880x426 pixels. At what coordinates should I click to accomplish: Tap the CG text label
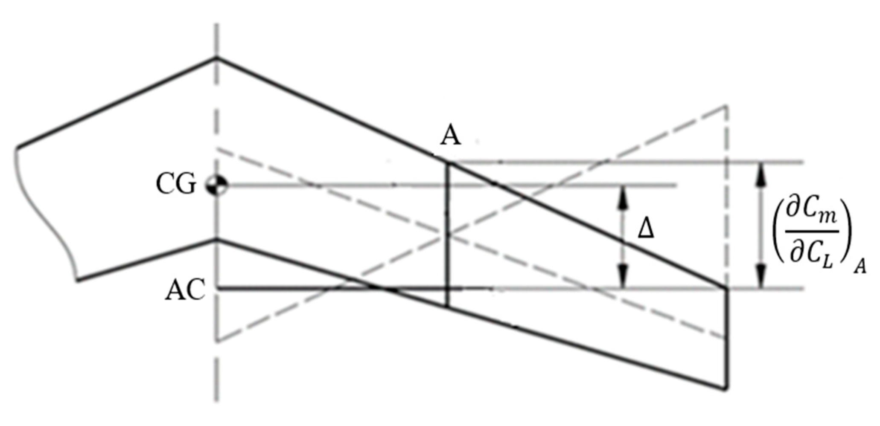(175, 185)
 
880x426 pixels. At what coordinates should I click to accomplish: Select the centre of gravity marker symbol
(217, 186)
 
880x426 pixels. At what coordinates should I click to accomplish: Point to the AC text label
(184, 290)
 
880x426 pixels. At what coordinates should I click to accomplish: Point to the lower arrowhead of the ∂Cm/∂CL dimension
(760, 277)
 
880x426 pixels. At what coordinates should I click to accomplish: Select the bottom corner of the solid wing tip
(725, 388)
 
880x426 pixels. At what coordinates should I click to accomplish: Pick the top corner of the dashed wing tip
(726, 105)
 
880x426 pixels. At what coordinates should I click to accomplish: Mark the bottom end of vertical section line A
(447, 307)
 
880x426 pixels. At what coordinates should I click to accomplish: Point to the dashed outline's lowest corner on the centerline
(217, 341)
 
